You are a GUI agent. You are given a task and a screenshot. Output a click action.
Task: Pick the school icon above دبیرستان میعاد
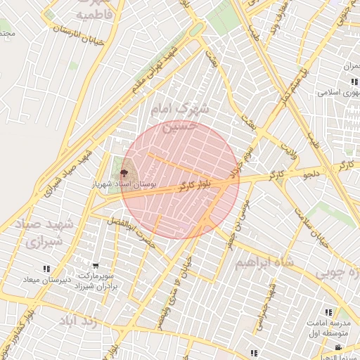pyautogui.click(x=46, y=269)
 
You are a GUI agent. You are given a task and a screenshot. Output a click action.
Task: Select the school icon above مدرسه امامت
pyautogui.click(x=328, y=312)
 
